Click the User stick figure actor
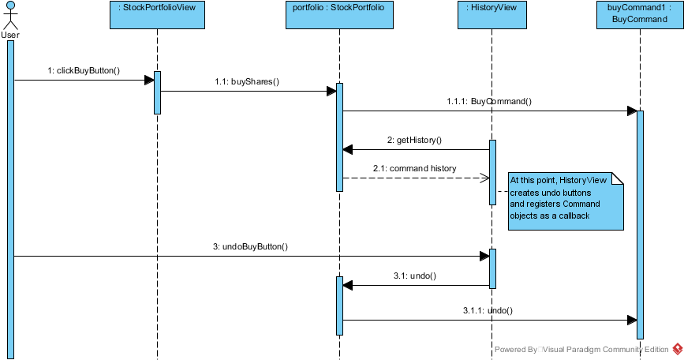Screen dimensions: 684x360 [10, 16]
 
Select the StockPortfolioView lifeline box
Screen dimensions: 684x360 [157, 15]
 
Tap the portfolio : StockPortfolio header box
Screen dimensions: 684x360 [339, 15]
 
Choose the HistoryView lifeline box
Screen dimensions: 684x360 [492, 15]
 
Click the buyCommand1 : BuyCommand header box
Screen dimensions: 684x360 [640, 15]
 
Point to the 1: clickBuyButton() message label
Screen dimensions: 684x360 [84, 71]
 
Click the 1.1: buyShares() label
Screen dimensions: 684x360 [247, 81]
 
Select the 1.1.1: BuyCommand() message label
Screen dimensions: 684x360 [489, 101]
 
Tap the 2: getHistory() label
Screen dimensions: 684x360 [414, 140]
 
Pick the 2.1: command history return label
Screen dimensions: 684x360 [414, 168]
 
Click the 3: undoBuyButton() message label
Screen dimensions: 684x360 [250, 246]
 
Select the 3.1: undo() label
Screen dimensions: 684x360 [415, 276]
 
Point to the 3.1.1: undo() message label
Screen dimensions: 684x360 [488, 311]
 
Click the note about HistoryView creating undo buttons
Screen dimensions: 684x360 [566, 201]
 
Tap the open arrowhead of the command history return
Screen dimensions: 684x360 [484, 178]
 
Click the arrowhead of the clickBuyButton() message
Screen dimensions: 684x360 [149, 81]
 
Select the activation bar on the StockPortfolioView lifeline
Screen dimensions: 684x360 [158, 92]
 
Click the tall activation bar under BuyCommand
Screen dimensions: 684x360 [640, 225]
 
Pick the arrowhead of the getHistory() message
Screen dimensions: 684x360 [348, 150]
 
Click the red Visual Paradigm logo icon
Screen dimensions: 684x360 [678, 349]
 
